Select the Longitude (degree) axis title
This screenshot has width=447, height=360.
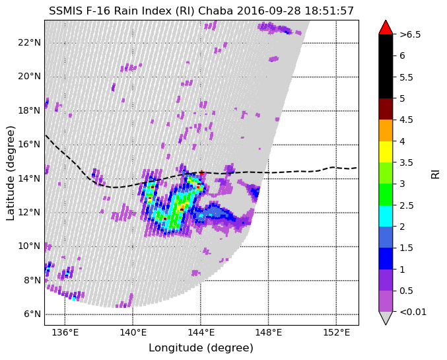(x=201, y=348)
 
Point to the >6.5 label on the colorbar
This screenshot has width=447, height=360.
(x=410, y=34)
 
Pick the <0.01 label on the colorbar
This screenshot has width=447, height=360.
(x=411, y=312)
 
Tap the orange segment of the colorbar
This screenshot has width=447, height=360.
(x=386, y=130)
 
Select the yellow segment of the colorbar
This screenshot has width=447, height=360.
(x=386, y=151)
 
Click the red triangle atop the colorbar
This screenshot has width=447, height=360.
(x=386, y=26)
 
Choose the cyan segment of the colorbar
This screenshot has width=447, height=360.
(x=386, y=216)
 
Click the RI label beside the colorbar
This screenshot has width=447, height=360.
(x=435, y=172)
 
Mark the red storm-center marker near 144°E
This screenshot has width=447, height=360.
(x=201, y=173)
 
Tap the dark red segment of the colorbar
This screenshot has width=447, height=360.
(x=386, y=108)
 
